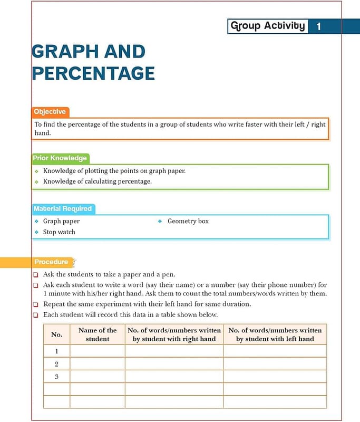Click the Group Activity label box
click(x=268, y=26)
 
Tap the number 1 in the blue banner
click(x=319, y=26)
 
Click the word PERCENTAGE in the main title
click(x=93, y=73)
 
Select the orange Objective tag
click(x=50, y=112)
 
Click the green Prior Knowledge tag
click(x=60, y=158)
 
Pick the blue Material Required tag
click(x=63, y=209)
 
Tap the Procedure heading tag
click(x=51, y=262)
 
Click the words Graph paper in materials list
click(x=61, y=222)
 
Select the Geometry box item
click(x=188, y=222)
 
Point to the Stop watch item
click(x=59, y=232)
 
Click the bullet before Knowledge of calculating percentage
click(x=36, y=182)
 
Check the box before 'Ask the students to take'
click(x=35, y=275)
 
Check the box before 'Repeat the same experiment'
click(x=35, y=304)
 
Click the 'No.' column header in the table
click(x=56, y=334)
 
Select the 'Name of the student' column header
click(x=98, y=334)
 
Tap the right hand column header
click(x=174, y=334)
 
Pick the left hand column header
click(x=275, y=334)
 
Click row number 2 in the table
click(x=56, y=364)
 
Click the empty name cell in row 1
click(x=98, y=351)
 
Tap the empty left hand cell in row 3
click(x=275, y=377)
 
